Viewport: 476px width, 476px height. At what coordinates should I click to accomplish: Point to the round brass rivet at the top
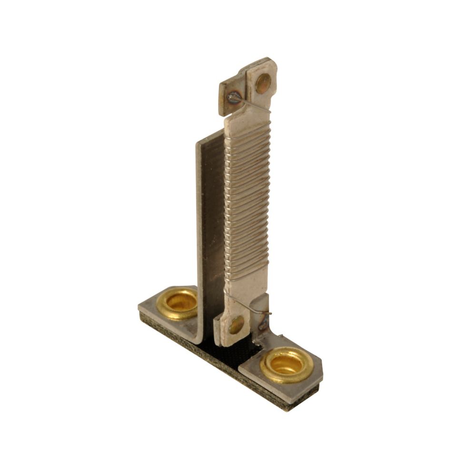tap(263, 83)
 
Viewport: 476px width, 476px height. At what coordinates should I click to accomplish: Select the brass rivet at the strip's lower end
tap(236, 325)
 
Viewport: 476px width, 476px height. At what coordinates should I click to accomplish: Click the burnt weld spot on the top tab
tap(233, 98)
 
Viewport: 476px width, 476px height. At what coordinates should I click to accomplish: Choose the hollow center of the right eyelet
tap(287, 364)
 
